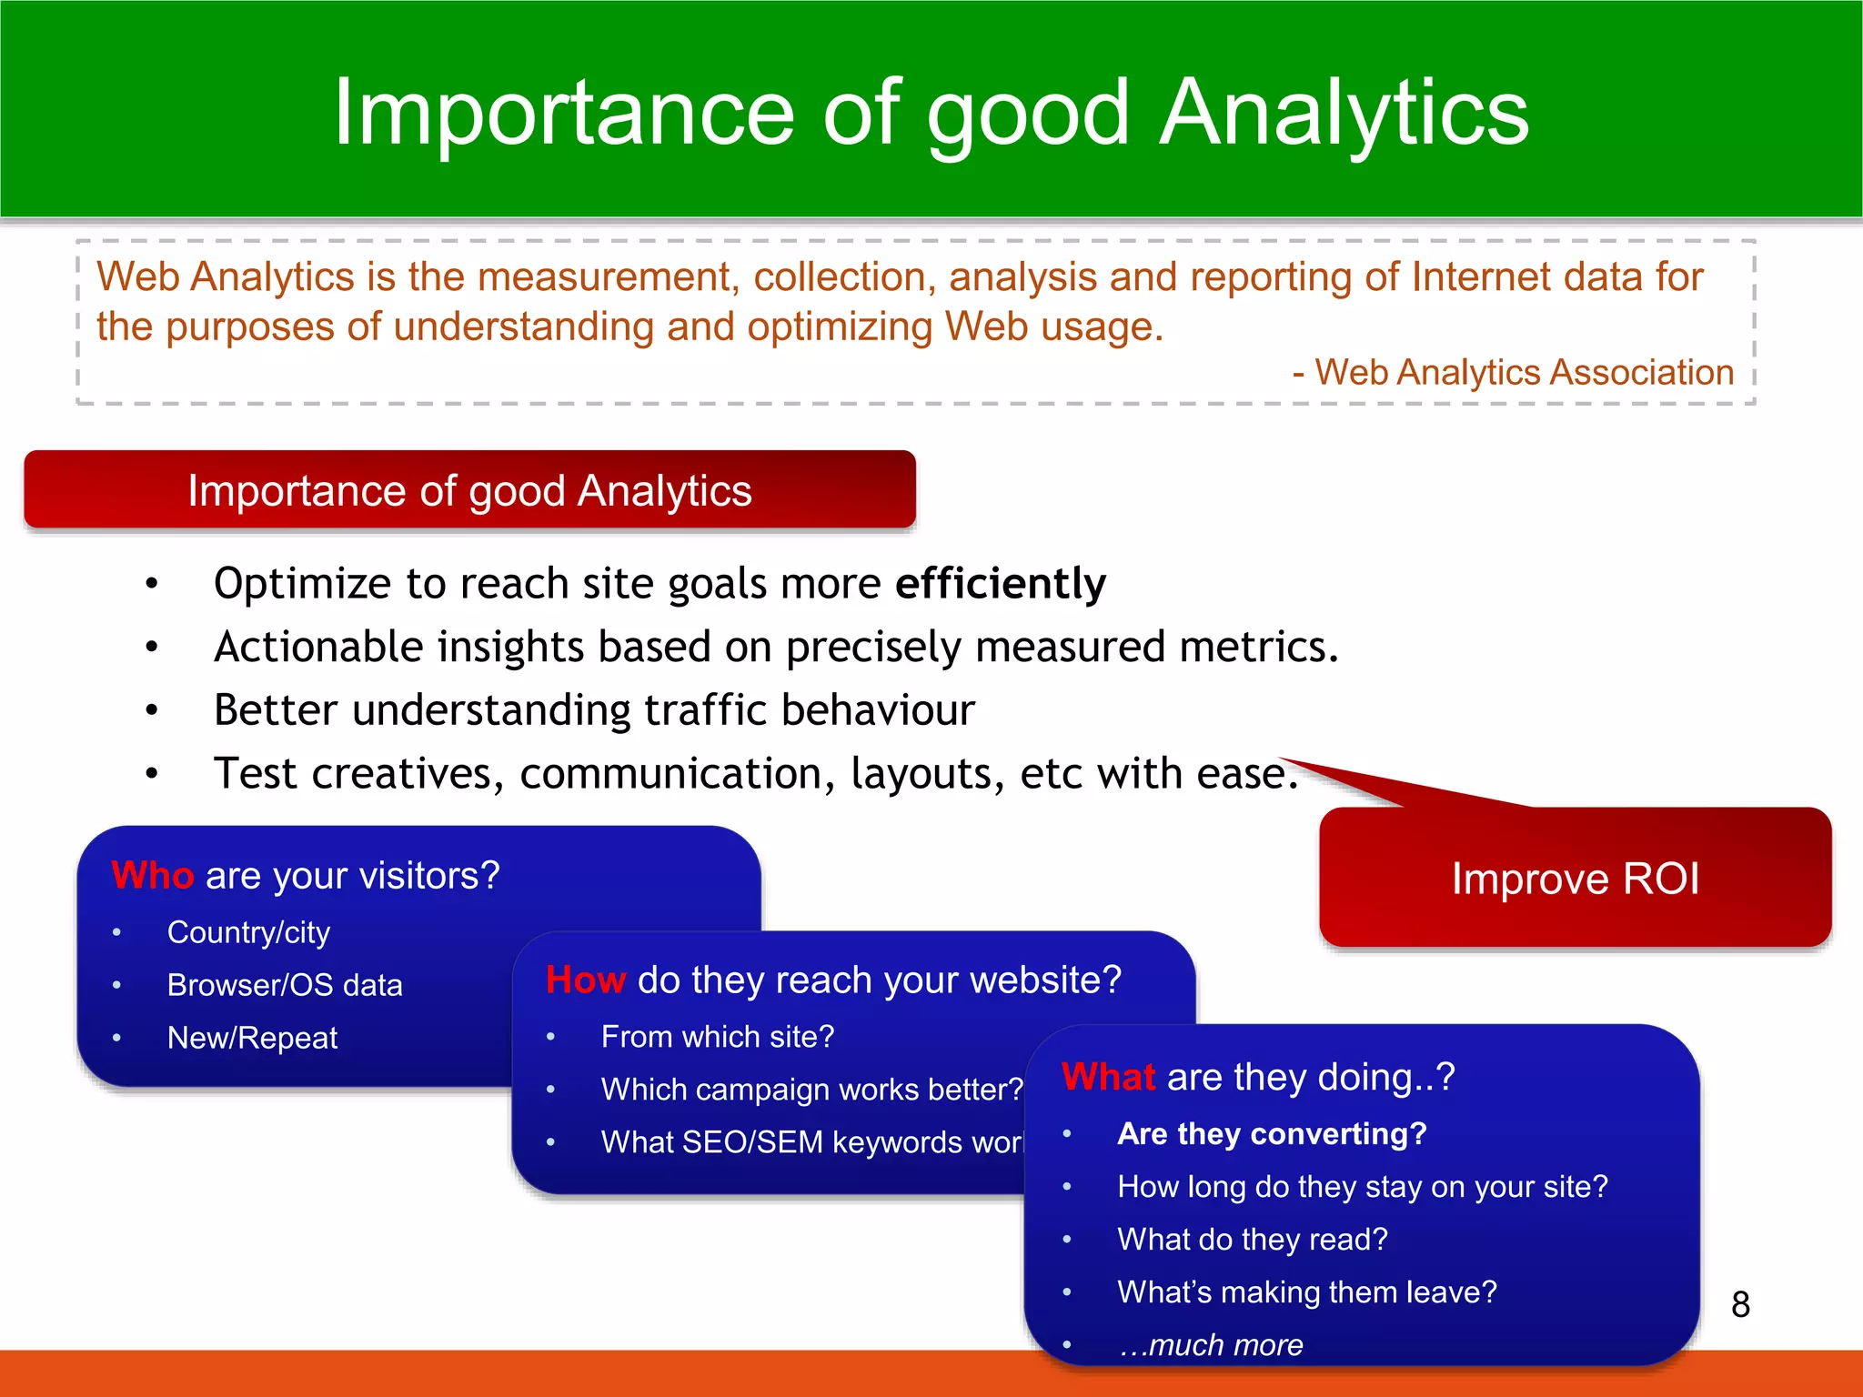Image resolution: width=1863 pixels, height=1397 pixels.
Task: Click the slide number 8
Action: [1740, 1304]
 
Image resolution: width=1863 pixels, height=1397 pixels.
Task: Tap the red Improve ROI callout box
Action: [1575, 878]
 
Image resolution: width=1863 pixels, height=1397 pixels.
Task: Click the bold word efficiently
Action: [1001, 583]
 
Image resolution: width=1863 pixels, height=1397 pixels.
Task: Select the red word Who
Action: [152, 875]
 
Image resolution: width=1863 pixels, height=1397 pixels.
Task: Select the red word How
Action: [585, 980]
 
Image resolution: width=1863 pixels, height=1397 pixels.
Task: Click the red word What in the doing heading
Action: [1108, 1077]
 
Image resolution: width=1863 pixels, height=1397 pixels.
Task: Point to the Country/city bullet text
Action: [248, 932]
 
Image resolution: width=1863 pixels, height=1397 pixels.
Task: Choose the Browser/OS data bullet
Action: [284, 985]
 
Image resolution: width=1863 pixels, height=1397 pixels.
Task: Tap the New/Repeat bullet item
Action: [252, 1038]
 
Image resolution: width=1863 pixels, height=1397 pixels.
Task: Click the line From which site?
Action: [717, 1037]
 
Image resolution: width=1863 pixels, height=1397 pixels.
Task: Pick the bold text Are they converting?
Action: [1272, 1134]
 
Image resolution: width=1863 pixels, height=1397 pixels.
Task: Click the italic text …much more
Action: [1211, 1344]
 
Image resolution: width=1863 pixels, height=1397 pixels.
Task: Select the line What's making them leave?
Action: [1306, 1291]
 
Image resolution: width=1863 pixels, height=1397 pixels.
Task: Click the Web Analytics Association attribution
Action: [1524, 372]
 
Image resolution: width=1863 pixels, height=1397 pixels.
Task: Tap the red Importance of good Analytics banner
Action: [469, 490]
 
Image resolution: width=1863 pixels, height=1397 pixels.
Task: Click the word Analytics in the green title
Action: [1344, 112]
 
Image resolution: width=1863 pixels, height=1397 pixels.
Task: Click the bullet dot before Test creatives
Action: [152, 774]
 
